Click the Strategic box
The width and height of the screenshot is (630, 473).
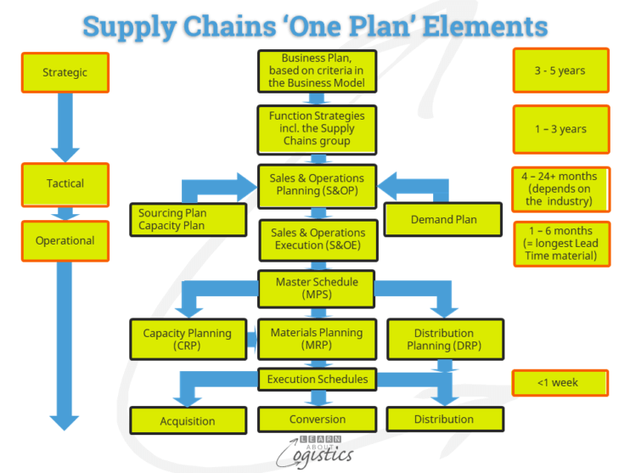point(65,72)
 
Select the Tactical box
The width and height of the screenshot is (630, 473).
point(65,183)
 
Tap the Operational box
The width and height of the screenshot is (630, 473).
point(65,240)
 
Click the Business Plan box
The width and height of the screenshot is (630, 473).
point(317,70)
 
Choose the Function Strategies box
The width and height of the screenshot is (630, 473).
point(317,129)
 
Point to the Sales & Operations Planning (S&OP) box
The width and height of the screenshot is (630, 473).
point(317,185)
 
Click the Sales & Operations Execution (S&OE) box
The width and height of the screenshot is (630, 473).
point(317,239)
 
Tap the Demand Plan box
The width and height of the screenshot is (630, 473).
point(443,219)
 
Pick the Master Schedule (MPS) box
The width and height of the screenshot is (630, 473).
point(317,289)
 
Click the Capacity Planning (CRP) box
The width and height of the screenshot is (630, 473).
point(187,340)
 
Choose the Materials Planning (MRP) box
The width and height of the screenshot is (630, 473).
point(317,340)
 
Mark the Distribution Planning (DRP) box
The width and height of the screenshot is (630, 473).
point(445,340)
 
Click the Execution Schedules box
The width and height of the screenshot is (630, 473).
point(317,380)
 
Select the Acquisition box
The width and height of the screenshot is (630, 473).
point(187,420)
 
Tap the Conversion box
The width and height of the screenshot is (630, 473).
point(317,420)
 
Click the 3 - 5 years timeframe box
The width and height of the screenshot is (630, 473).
point(560,70)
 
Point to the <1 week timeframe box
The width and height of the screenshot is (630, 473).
point(560,383)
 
